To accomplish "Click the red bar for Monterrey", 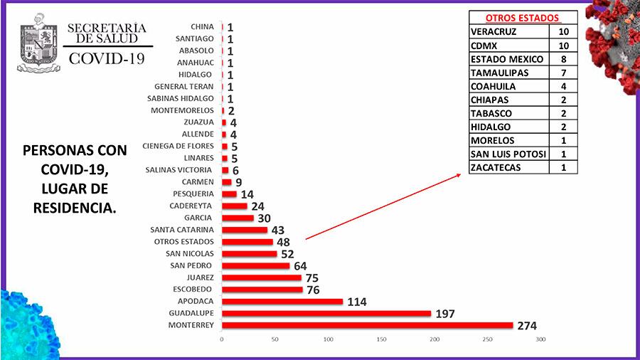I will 367,325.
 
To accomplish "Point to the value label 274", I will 527,326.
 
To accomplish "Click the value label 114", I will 356,302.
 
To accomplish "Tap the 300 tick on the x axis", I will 540,339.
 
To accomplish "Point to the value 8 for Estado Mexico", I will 563,59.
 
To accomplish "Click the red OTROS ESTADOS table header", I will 522,18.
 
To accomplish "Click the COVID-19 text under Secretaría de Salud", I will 106,58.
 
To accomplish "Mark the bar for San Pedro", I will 255,265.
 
